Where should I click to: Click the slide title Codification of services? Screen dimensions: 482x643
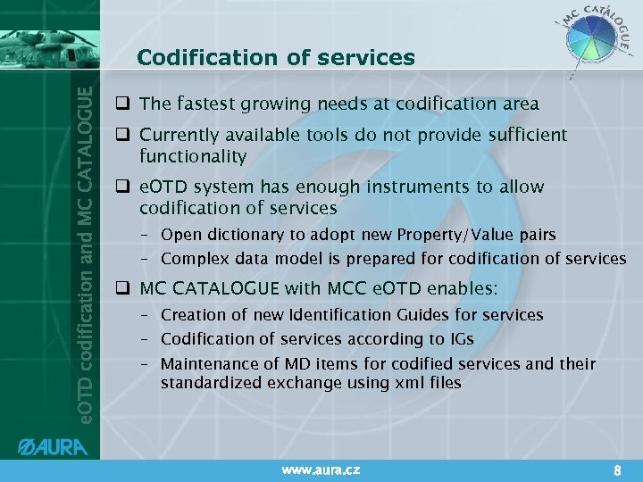point(276,58)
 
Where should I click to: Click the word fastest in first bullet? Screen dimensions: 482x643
point(202,104)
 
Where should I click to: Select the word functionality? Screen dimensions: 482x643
point(193,156)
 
